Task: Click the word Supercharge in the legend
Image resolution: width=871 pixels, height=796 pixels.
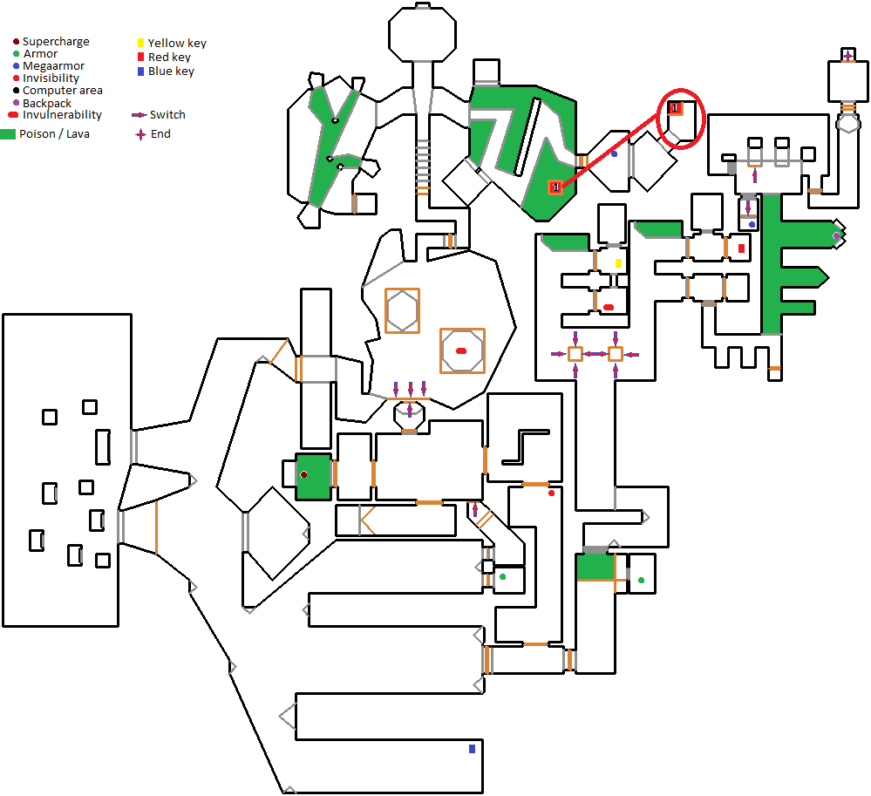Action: point(56,42)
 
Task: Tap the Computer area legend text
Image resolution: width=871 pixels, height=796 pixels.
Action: point(63,91)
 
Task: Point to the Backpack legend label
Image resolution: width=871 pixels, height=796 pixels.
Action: point(47,103)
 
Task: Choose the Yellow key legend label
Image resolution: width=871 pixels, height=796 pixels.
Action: point(177,44)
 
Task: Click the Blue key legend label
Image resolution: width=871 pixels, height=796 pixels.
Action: point(171,71)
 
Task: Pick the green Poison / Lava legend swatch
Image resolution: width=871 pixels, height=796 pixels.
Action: point(9,134)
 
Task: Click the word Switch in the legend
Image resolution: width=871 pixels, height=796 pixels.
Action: point(167,115)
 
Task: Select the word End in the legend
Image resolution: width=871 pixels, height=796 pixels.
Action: point(160,134)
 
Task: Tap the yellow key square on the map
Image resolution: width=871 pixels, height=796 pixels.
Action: point(618,263)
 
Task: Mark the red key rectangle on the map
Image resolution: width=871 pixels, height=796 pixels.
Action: point(741,248)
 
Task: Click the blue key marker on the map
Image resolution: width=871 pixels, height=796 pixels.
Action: point(472,748)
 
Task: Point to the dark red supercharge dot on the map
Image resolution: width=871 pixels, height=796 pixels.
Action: point(303,475)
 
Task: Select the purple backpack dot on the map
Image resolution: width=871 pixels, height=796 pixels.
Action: point(836,236)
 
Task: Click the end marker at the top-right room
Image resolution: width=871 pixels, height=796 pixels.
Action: point(847,57)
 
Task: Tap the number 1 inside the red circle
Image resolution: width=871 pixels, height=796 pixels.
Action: point(674,107)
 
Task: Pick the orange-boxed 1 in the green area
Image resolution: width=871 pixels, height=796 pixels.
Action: point(555,187)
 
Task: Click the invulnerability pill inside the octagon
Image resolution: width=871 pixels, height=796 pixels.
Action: point(461,350)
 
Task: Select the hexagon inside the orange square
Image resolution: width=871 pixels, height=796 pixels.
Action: point(401,310)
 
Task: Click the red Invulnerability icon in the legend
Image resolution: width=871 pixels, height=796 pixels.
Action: point(13,115)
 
